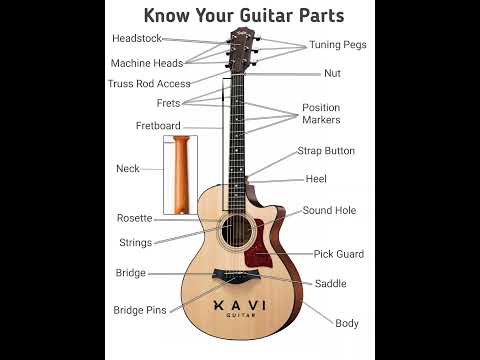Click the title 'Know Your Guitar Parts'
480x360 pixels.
243,15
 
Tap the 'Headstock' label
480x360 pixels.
136,38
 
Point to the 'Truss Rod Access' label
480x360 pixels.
149,84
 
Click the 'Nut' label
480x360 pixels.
332,73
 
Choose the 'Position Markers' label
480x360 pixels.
321,114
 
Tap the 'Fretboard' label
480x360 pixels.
158,126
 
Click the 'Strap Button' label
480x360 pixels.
326,151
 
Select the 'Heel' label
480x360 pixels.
316,179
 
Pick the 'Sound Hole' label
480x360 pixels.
329,211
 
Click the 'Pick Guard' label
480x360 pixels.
338,254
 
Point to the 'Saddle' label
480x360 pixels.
330,284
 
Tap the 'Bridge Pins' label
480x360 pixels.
140,310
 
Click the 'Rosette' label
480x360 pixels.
134,218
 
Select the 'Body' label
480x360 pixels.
347,323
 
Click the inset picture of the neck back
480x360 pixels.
179,176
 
